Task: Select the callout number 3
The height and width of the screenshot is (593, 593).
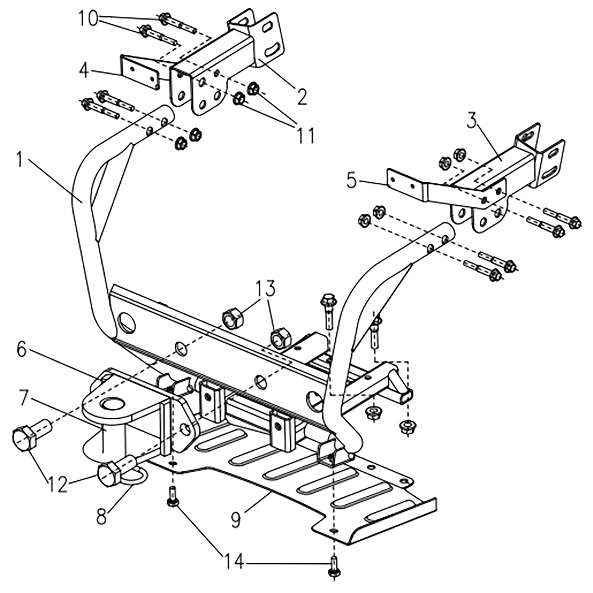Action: tap(474, 122)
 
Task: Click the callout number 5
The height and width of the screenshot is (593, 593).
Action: tap(352, 181)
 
